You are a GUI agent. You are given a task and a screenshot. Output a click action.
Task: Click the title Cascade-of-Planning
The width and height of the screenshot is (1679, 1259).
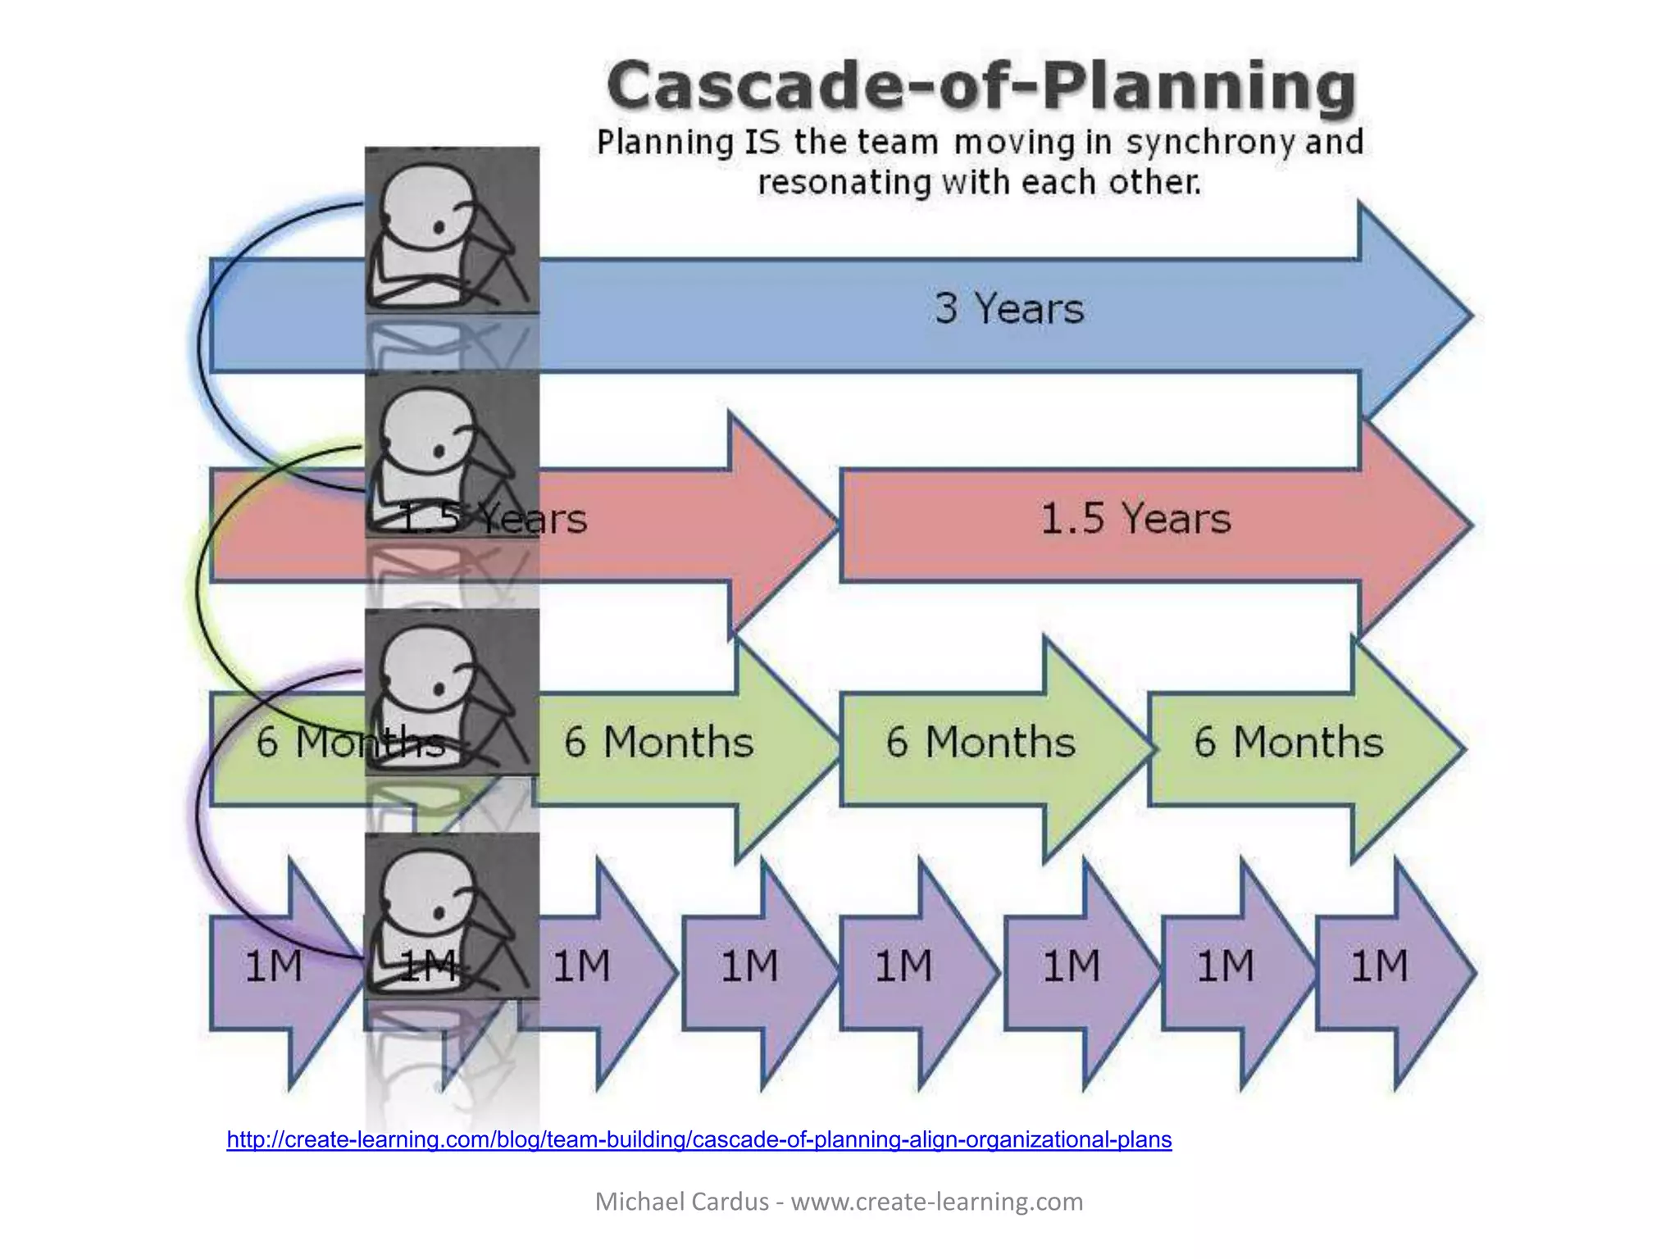[981, 86]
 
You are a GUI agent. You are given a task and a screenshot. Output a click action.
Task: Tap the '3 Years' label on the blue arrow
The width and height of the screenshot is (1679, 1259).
[1009, 309]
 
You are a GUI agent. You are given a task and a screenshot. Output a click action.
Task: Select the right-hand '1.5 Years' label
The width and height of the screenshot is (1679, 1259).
[1135, 519]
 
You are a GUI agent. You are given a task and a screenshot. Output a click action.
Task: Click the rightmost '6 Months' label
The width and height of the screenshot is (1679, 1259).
[1288, 743]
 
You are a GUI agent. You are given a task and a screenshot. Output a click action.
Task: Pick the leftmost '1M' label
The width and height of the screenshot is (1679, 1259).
[274, 966]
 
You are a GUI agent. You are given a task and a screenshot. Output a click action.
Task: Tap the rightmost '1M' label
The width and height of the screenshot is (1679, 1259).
[1379, 966]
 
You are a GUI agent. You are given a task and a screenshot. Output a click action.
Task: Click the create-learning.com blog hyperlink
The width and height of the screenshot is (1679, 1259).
[698, 1140]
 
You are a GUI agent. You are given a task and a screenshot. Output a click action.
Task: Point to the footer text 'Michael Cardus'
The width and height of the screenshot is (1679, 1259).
[681, 1202]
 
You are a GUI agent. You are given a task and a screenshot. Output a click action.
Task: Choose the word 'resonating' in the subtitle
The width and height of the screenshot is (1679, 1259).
[844, 183]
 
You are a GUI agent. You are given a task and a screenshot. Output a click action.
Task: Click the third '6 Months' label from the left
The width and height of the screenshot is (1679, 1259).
[980, 743]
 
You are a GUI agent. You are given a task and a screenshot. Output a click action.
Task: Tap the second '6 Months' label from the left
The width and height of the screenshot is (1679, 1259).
[658, 743]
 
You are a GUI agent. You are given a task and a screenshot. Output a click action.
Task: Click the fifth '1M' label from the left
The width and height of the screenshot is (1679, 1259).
[903, 966]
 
